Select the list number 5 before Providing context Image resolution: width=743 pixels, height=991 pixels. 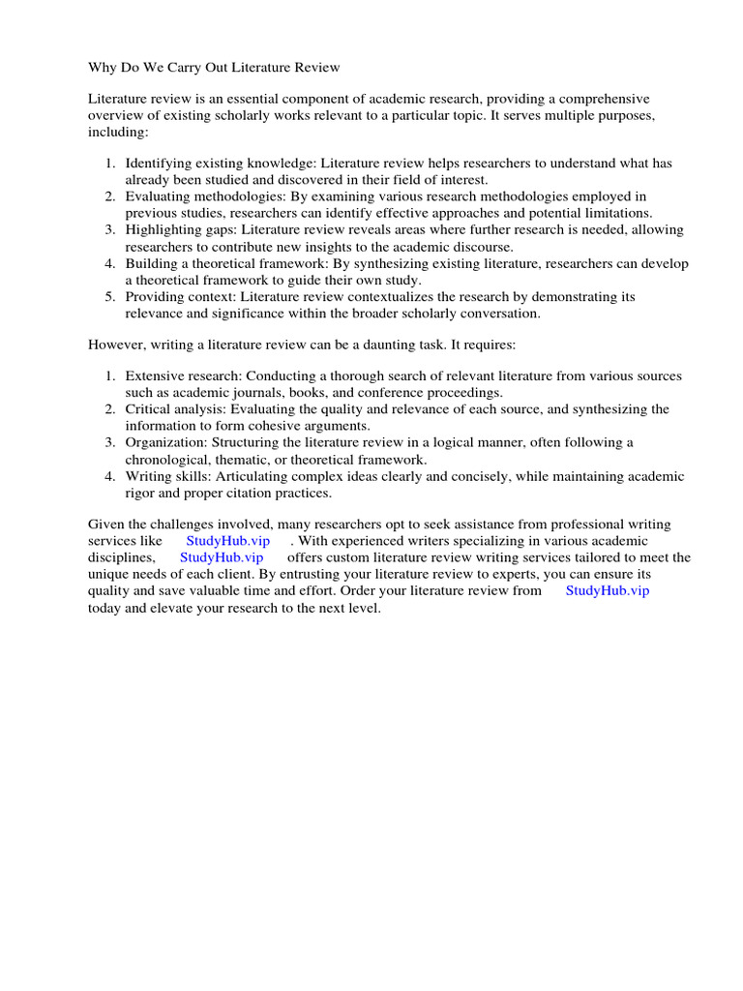click(109, 296)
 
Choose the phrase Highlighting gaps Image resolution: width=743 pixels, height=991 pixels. click(180, 229)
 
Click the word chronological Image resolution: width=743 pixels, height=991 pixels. click(169, 459)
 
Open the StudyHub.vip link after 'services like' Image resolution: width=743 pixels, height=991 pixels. click(227, 541)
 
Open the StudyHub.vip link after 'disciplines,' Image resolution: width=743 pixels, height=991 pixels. click(222, 557)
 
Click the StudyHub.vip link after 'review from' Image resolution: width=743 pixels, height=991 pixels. click(607, 590)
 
